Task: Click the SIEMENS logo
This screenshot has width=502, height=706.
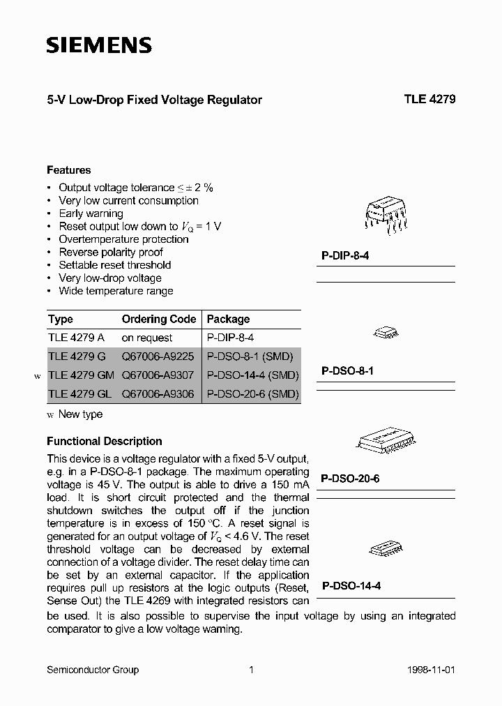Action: [98, 46]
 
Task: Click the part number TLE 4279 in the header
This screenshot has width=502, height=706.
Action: [429, 100]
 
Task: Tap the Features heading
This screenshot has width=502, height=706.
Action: [68, 170]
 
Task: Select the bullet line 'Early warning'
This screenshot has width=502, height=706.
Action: [91, 213]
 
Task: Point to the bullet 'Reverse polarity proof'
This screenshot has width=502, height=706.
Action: [110, 252]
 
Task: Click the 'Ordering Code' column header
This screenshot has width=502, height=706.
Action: [159, 319]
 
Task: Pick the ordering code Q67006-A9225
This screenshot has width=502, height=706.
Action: [158, 356]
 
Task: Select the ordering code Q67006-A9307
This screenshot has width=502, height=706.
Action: [158, 375]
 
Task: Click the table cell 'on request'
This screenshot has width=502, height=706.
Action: [146, 338]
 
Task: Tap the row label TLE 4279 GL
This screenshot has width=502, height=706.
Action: [79, 394]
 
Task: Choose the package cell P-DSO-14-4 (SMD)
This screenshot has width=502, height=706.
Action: [252, 375]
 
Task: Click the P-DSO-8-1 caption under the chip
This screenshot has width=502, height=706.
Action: [347, 371]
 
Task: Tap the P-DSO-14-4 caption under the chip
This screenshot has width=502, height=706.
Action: [350, 587]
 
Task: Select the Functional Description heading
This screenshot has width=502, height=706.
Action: [104, 441]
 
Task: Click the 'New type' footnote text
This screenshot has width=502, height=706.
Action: [80, 414]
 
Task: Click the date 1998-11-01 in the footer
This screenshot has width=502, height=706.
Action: [430, 670]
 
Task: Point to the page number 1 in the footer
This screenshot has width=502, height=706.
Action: [251, 670]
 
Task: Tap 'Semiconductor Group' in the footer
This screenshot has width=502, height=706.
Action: [92, 670]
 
